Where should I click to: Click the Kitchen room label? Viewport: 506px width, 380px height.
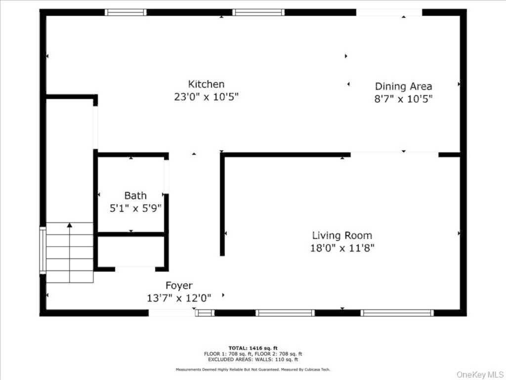206,84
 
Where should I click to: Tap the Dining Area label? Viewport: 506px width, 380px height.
403,86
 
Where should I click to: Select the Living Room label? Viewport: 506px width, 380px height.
342,235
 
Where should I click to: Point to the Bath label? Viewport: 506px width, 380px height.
135,195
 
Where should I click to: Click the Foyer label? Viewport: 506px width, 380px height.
179,285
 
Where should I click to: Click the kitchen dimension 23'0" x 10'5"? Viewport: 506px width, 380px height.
206,96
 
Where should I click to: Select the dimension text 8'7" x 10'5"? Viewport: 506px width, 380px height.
403,98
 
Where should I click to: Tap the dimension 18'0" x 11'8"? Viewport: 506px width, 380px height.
342,248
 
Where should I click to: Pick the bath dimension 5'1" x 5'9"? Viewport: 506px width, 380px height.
135,208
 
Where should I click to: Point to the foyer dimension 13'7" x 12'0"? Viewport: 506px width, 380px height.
179,298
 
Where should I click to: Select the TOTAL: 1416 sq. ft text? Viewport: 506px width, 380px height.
253,348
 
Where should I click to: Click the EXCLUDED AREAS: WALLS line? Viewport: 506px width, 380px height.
253,359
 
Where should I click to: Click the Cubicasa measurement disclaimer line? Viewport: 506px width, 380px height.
253,369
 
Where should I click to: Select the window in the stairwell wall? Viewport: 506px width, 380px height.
42,250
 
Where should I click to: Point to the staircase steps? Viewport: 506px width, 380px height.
70,252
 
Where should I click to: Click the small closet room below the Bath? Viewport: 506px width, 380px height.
131,251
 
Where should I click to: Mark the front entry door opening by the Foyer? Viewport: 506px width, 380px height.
172,313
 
